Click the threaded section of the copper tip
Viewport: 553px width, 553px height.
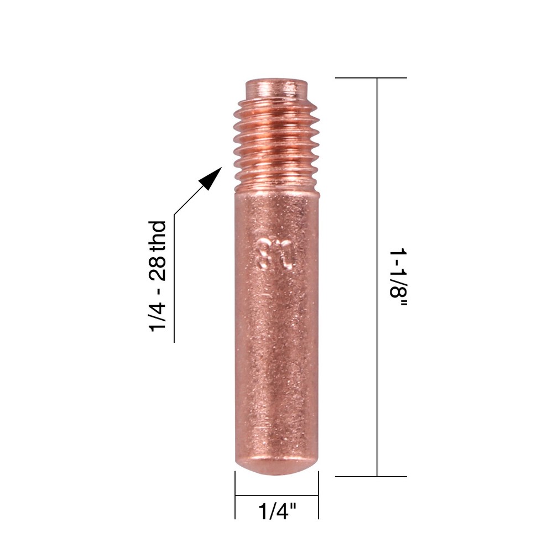point(275,138)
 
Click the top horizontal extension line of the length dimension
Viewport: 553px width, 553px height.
point(371,78)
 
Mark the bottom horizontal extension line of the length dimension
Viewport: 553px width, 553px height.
point(371,476)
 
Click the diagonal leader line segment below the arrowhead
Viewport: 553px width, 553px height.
point(187,201)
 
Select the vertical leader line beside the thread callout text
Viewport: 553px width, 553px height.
point(174,276)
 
